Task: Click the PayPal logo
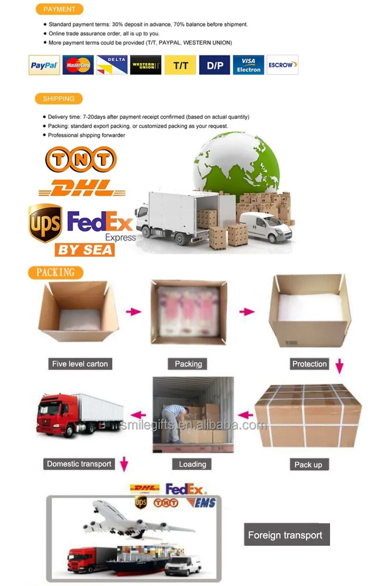point(44,65)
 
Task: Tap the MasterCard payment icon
point(78,65)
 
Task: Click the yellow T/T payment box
point(180,65)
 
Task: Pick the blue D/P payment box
point(214,65)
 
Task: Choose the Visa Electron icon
point(249,65)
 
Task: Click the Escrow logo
point(283,65)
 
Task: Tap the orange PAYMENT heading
point(59,9)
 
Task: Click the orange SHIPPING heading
point(58,99)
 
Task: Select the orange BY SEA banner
point(84,249)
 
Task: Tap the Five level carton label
point(80,364)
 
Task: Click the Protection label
point(310,364)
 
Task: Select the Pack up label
point(309,464)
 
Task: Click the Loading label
point(193,464)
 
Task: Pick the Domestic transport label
point(79,464)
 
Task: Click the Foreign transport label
point(285,535)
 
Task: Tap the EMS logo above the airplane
point(193,503)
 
